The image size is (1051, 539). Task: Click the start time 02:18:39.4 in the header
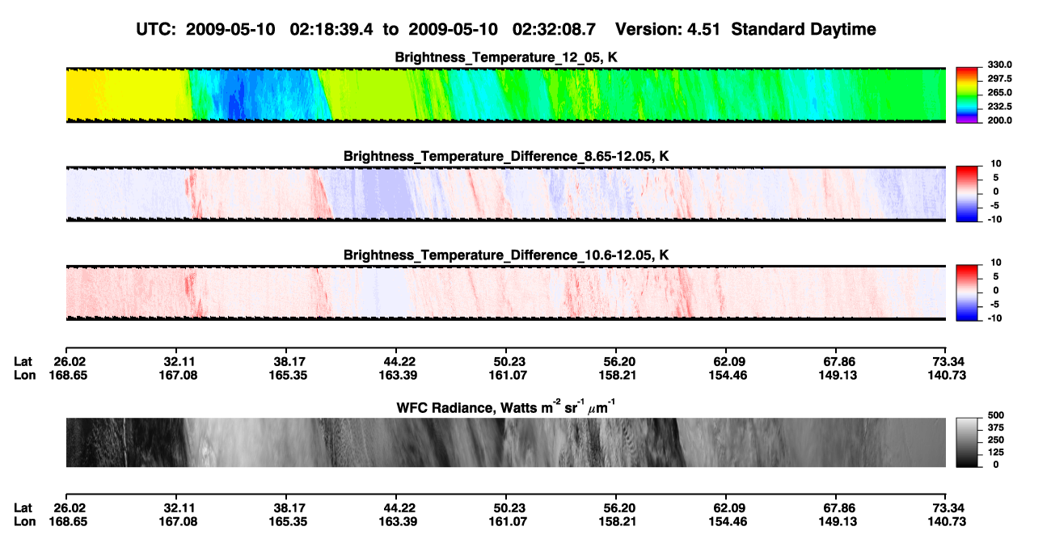click(x=331, y=30)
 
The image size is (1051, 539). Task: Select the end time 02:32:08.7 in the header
click(x=554, y=30)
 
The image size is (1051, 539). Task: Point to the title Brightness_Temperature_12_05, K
click(x=506, y=57)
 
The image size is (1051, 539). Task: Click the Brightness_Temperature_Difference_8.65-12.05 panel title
click(x=506, y=156)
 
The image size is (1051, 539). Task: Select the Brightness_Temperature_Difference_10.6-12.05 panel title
click(x=506, y=255)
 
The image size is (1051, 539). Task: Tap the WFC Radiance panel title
click(x=506, y=407)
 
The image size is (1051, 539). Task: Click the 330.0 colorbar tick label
click(x=999, y=65)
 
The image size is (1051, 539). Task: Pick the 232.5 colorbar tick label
click(x=999, y=107)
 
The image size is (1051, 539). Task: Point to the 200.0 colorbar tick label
click(x=999, y=120)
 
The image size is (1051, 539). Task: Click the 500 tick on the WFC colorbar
click(x=995, y=415)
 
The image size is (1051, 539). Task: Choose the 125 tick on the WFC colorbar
click(x=995, y=453)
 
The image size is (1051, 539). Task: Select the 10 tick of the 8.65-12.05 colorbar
click(x=996, y=164)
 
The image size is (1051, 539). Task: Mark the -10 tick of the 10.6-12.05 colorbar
click(x=994, y=318)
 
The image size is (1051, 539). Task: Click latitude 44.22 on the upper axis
click(x=399, y=362)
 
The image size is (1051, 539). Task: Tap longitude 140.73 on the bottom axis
click(x=947, y=522)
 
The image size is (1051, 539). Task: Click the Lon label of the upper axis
click(x=25, y=375)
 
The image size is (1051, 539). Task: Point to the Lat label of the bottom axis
click(x=23, y=508)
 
